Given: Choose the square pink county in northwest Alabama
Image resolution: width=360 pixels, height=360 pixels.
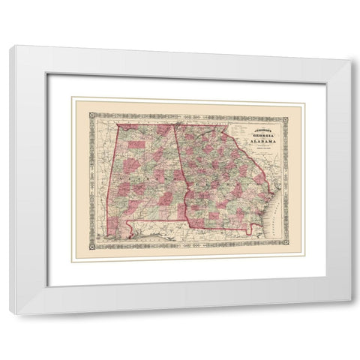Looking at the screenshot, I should pos(135,144).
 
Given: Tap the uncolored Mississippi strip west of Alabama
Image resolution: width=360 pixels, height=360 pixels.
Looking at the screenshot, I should pos(103,187).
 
